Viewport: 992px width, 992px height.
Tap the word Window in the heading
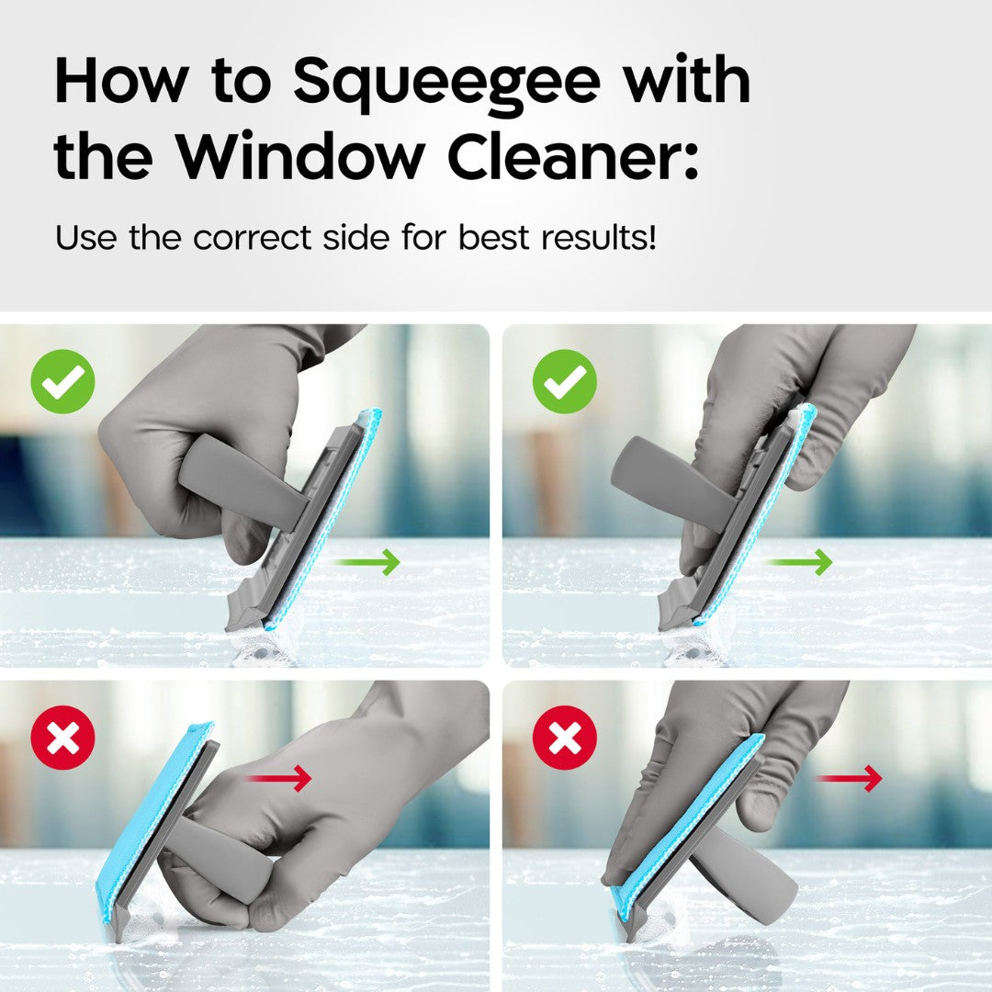coord(304,158)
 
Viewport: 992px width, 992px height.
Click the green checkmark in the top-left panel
coord(62,381)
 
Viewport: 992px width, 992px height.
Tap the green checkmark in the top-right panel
coord(564,381)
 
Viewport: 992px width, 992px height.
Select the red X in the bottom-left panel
coord(62,738)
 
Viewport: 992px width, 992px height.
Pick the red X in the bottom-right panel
coord(564,738)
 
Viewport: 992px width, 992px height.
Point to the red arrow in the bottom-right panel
coord(849,779)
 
